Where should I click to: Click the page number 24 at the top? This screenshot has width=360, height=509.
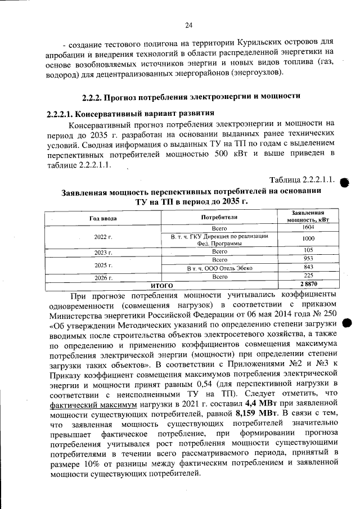(x=188, y=25)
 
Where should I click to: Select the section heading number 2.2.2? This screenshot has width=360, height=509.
(x=93, y=96)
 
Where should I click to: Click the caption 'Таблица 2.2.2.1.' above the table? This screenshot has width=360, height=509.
(x=303, y=180)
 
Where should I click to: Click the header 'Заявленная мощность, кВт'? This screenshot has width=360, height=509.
(x=307, y=217)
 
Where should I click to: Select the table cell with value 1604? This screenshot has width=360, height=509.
(x=307, y=227)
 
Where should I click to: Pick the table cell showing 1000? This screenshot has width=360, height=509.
(x=307, y=238)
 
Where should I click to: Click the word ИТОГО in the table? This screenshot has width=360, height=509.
(x=161, y=285)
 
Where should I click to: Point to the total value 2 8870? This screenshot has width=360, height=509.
(x=307, y=285)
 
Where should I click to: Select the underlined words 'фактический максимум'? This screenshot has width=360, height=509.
(x=85, y=404)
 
